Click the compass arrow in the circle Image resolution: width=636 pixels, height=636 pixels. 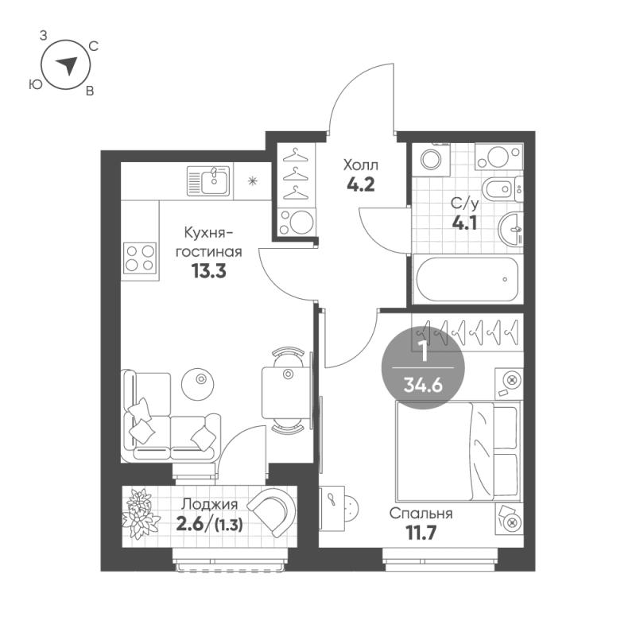pyautogui.click(x=68, y=65)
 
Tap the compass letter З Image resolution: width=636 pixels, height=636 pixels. pyautogui.click(x=43, y=36)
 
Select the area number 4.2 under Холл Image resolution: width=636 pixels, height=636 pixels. pyautogui.click(x=361, y=184)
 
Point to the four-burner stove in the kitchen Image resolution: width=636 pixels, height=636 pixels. pyautogui.click(x=140, y=258)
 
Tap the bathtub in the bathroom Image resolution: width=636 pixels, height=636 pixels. pyautogui.click(x=466, y=279)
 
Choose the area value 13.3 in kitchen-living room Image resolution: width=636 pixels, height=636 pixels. pyautogui.click(x=209, y=271)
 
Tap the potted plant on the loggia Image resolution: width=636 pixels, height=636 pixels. pyautogui.click(x=138, y=514)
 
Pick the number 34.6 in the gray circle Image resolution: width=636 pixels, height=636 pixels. pyautogui.click(x=423, y=385)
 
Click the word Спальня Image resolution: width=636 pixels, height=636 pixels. pyautogui.click(x=421, y=514)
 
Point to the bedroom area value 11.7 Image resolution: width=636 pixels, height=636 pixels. pyautogui.click(x=421, y=533)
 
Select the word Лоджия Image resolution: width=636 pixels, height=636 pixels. pyautogui.click(x=209, y=505)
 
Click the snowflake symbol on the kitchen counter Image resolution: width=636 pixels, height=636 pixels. pyautogui.click(x=253, y=181)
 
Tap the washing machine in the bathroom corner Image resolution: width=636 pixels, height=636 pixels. pyautogui.click(x=431, y=159)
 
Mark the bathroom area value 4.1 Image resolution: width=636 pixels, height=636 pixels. pyautogui.click(x=464, y=223)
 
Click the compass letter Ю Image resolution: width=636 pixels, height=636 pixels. pyautogui.click(x=36, y=84)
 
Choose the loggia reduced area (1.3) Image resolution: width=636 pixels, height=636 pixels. pyautogui.click(x=229, y=525)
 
